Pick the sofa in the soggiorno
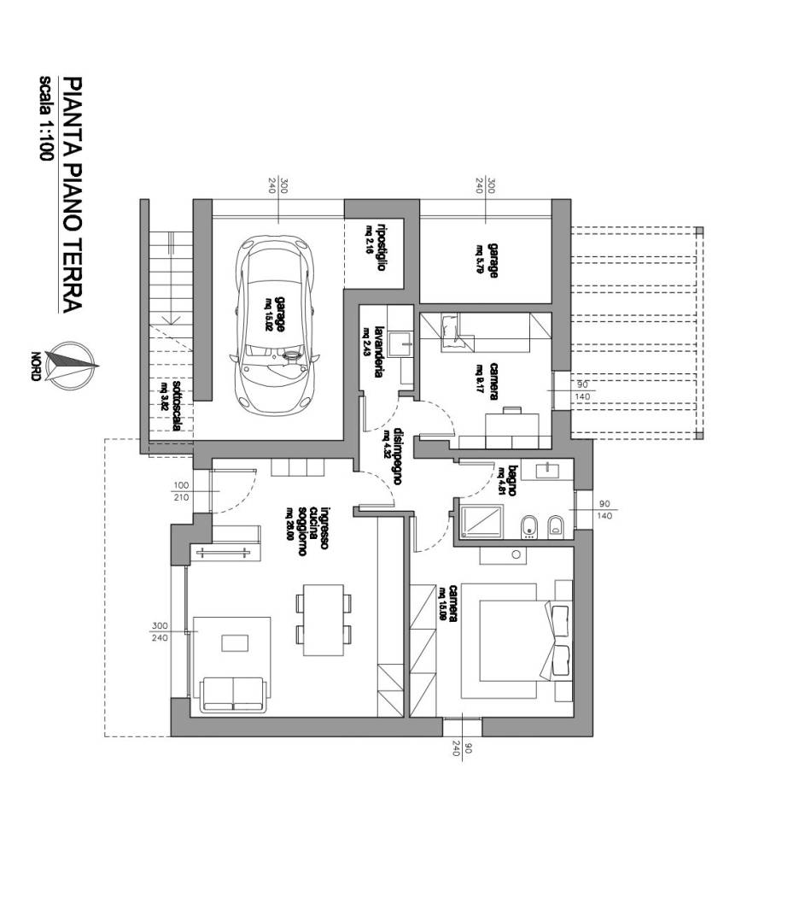point(232,693)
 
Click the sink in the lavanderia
point(398,343)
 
